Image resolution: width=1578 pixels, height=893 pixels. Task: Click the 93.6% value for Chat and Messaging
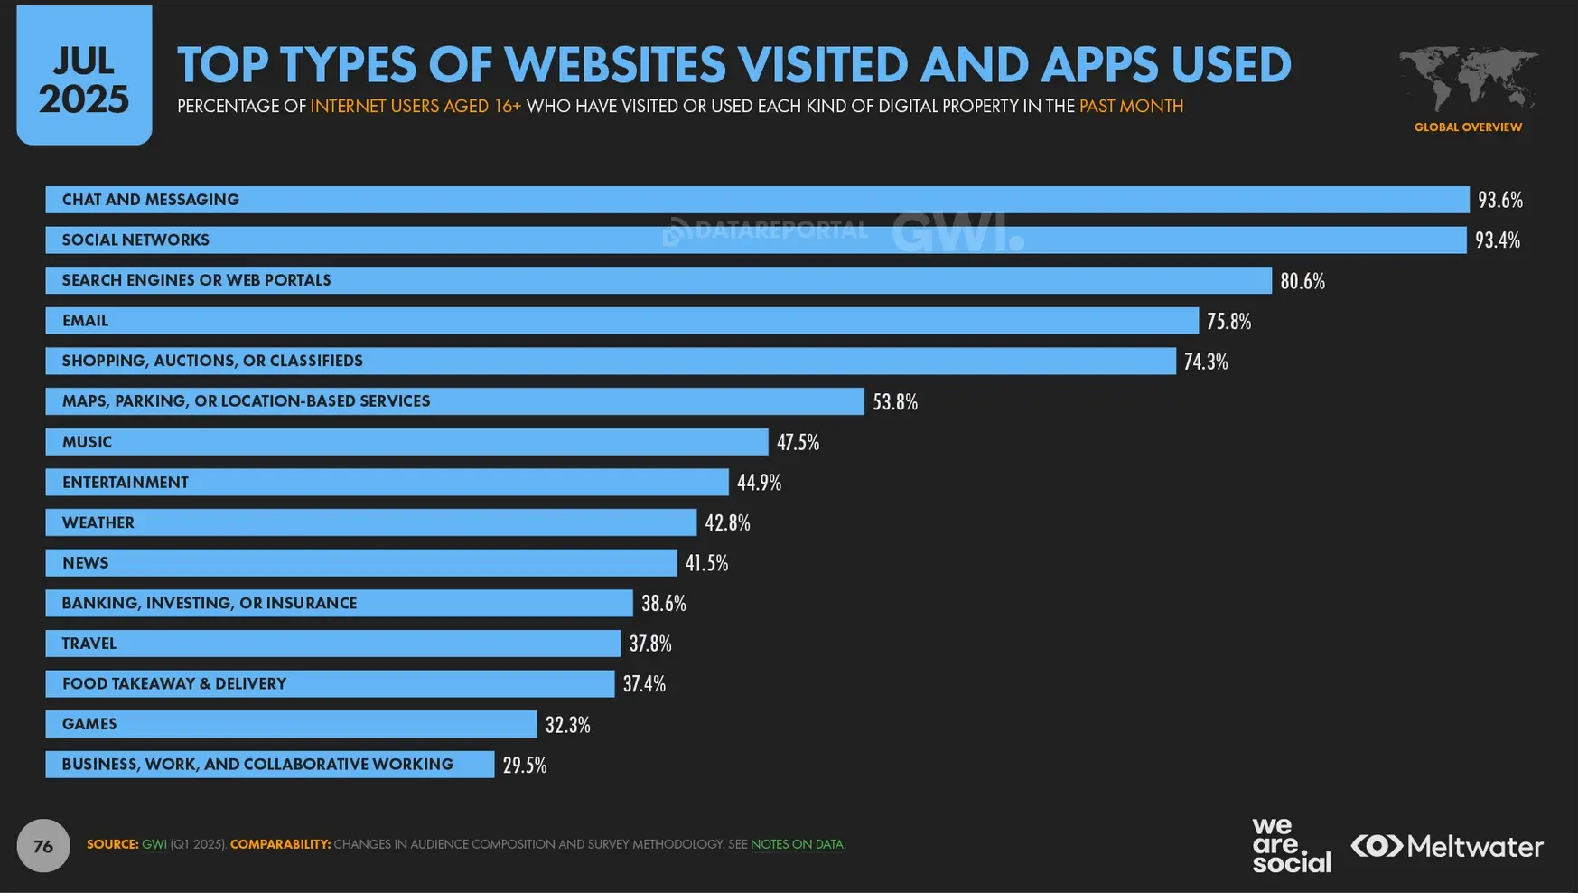[x=1500, y=200]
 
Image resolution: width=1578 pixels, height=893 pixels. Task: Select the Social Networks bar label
[x=135, y=240]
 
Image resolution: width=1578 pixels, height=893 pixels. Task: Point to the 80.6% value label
[x=1303, y=281]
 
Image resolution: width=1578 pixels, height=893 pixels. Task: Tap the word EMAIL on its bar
[x=85, y=320]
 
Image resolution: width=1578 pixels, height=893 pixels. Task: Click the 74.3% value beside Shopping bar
[x=1206, y=362]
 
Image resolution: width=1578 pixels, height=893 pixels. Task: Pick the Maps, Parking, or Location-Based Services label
[x=246, y=400]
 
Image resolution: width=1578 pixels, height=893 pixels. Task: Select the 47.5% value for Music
[x=798, y=442]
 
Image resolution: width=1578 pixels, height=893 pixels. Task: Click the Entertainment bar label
[x=126, y=482]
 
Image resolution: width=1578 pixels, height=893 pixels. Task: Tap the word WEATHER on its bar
[x=98, y=522]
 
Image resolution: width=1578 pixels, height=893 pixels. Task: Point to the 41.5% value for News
[x=706, y=563]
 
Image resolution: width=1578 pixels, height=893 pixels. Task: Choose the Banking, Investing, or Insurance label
[x=210, y=603]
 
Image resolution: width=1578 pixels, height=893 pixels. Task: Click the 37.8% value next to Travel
[x=650, y=644]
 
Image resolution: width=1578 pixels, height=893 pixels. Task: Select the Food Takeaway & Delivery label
[x=174, y=683]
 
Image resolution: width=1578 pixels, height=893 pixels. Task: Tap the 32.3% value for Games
[x=567, y=725]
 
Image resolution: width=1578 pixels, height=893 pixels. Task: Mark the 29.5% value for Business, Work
[x=525, y=766]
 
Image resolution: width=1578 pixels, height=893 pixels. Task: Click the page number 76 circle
[x=43, y=846]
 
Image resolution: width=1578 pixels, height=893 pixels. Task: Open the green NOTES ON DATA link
[x=798, y=844]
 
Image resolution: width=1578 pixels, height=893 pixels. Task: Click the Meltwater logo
[x=1447, y=846]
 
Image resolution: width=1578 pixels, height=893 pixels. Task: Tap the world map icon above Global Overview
[x=1469, y=79]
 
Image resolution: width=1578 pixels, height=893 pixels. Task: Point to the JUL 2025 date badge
[x=84, y=74]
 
